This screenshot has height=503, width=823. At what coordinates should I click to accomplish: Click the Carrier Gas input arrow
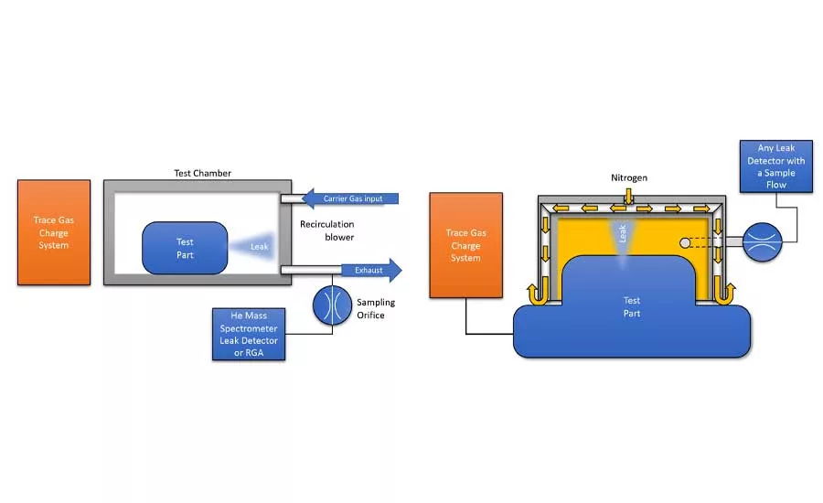(350, 198)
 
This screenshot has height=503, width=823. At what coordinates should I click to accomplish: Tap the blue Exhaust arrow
(371, 270)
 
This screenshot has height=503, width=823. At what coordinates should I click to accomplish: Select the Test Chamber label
(203, 173)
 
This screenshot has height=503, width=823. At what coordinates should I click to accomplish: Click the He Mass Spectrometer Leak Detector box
(249, 334)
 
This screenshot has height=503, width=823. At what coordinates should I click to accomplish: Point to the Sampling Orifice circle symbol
(332, 305)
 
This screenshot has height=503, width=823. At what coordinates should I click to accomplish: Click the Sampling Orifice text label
(376, 309)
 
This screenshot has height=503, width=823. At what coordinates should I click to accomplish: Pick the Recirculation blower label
(327, 230)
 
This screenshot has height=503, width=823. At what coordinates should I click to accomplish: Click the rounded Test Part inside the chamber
(185, 248)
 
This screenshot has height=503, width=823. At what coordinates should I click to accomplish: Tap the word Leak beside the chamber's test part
(260, 246)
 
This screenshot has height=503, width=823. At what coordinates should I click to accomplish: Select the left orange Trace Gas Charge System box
(54, 232)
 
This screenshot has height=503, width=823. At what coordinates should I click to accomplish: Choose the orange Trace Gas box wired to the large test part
(466, 245)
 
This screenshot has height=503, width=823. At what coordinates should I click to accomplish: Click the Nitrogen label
(629, 178)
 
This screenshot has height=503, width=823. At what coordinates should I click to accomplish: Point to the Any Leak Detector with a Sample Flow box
(776, 166)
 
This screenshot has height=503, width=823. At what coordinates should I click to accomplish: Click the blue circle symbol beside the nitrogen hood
(762, 241)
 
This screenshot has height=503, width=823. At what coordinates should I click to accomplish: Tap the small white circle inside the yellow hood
(685, 242)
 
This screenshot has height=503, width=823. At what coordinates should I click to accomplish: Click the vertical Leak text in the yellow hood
(623, 233)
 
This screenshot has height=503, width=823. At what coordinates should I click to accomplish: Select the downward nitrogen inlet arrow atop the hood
(629, 197)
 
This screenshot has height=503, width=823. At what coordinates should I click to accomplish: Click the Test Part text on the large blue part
(631, 306)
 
